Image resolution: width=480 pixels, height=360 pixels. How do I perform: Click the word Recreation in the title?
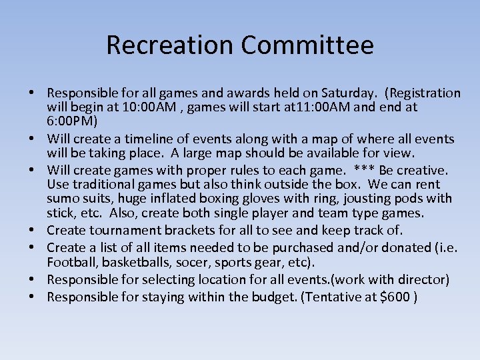tap(170, 45)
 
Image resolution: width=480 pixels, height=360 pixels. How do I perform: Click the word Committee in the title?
tap(307, 45)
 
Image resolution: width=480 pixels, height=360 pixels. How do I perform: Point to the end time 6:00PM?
tap(72, 121)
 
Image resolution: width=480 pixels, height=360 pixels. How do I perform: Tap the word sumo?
tap(63, 199)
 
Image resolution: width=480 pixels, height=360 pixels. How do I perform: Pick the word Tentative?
tap(334, 296)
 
